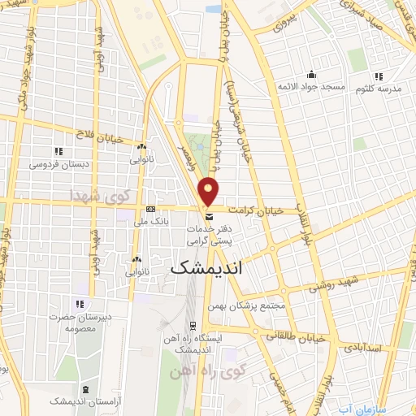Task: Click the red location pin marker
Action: (210, 192)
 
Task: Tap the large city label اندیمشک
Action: (206, 267)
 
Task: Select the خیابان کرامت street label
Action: (257, 210)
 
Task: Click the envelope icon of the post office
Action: (210, 217)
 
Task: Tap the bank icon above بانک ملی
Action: (149, 210)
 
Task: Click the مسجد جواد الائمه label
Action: (312, 86)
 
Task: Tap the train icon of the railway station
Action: (192, 324)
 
